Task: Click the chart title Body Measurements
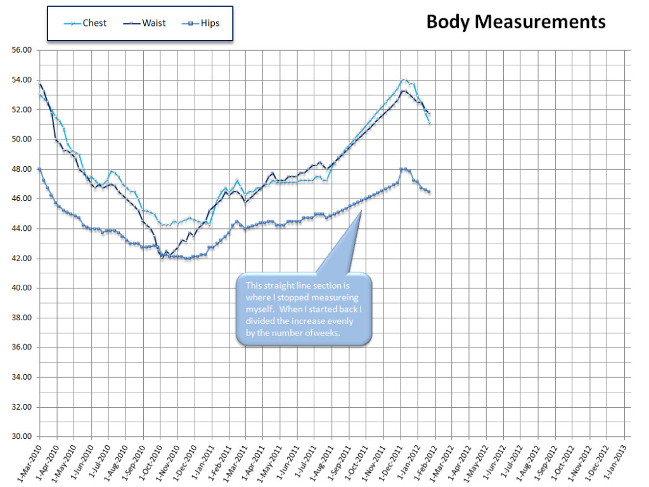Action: point(515,22)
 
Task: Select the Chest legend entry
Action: point(94,23)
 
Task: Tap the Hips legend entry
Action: point(208,23)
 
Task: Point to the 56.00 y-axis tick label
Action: point(22,50)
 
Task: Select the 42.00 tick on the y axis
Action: point(22,259)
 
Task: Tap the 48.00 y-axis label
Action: point(22,169)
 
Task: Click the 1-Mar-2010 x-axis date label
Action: point(25,460)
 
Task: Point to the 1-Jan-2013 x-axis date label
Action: point(610,460)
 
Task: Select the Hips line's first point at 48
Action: point(40,169)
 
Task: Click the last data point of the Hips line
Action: point(429,192)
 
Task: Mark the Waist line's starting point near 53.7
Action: point(40,84)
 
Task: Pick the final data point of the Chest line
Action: point(430,122)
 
